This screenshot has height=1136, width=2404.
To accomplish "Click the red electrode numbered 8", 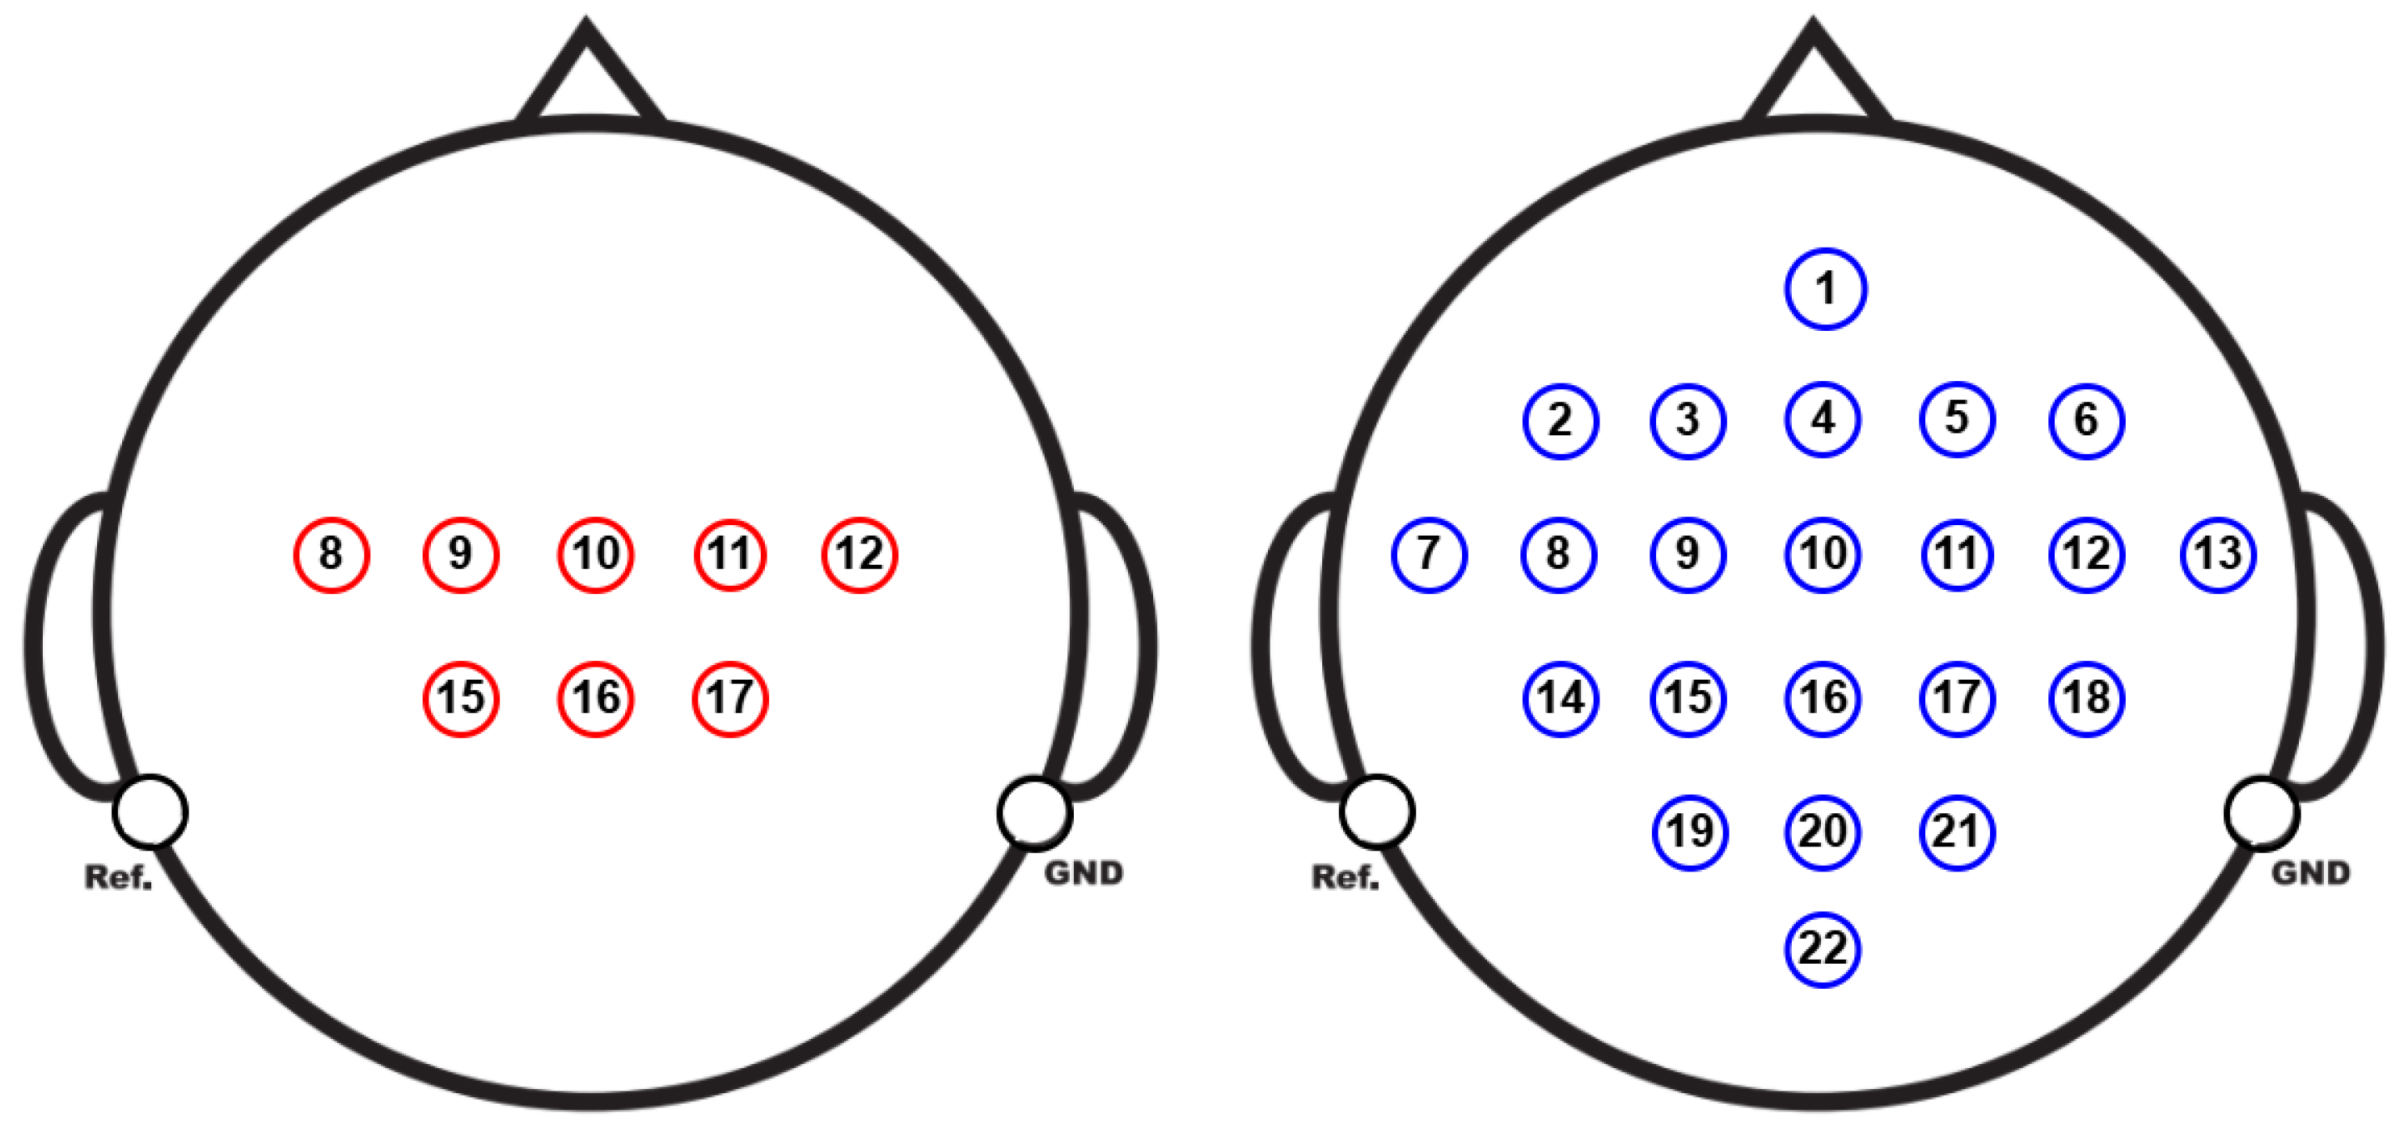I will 332,554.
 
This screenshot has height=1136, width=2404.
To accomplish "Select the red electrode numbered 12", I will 860,554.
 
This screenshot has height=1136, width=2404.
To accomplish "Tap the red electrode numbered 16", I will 595,698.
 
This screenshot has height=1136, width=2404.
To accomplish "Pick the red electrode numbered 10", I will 595,554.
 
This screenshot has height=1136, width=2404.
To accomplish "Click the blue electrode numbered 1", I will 1825,288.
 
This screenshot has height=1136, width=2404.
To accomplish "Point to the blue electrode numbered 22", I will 1823,949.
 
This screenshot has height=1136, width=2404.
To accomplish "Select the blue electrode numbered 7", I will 1429,554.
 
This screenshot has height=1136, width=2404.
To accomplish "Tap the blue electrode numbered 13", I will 2218,554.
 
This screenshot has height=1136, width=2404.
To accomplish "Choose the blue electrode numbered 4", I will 1823,419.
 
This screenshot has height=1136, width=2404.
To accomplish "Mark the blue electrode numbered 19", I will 1690,832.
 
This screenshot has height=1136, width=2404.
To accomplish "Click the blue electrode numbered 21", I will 1957,832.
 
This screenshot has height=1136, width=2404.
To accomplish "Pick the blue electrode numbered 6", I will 2087,420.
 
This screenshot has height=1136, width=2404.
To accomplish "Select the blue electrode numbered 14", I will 1561,698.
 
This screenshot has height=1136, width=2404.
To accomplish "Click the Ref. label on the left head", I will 117,877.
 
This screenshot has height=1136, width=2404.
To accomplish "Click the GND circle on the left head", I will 1034,813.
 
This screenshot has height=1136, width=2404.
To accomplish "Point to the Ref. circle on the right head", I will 1376,812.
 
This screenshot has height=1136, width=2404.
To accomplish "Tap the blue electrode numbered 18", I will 2087,698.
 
